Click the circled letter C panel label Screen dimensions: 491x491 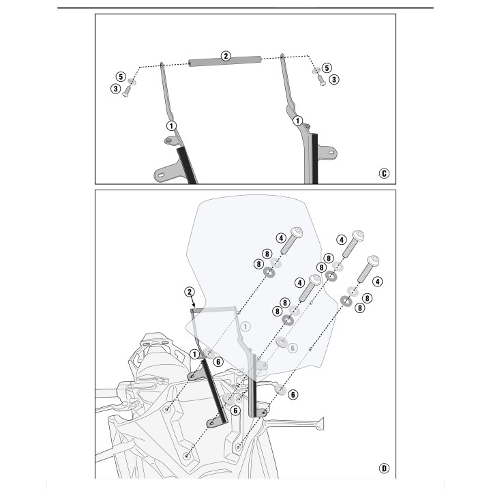384,173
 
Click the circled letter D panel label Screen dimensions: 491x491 384,468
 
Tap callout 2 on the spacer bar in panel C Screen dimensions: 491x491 226,56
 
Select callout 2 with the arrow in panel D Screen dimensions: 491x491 189,292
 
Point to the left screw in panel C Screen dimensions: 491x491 127,91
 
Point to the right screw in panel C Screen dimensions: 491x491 322,80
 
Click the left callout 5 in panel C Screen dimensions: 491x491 121,76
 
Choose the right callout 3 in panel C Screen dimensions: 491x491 334,80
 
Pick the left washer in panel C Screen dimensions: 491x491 132,81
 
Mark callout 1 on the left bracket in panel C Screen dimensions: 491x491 171,126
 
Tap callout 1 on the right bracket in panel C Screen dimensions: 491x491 297,121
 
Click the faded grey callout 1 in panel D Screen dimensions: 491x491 245,327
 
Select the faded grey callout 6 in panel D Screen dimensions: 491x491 293,348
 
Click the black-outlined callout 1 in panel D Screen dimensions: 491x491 194,354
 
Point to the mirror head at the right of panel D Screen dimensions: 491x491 319,424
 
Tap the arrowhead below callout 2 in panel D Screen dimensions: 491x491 194,305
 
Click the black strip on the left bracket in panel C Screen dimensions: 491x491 187,166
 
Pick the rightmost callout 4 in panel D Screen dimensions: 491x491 378,282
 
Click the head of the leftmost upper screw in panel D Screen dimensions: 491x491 297,233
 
